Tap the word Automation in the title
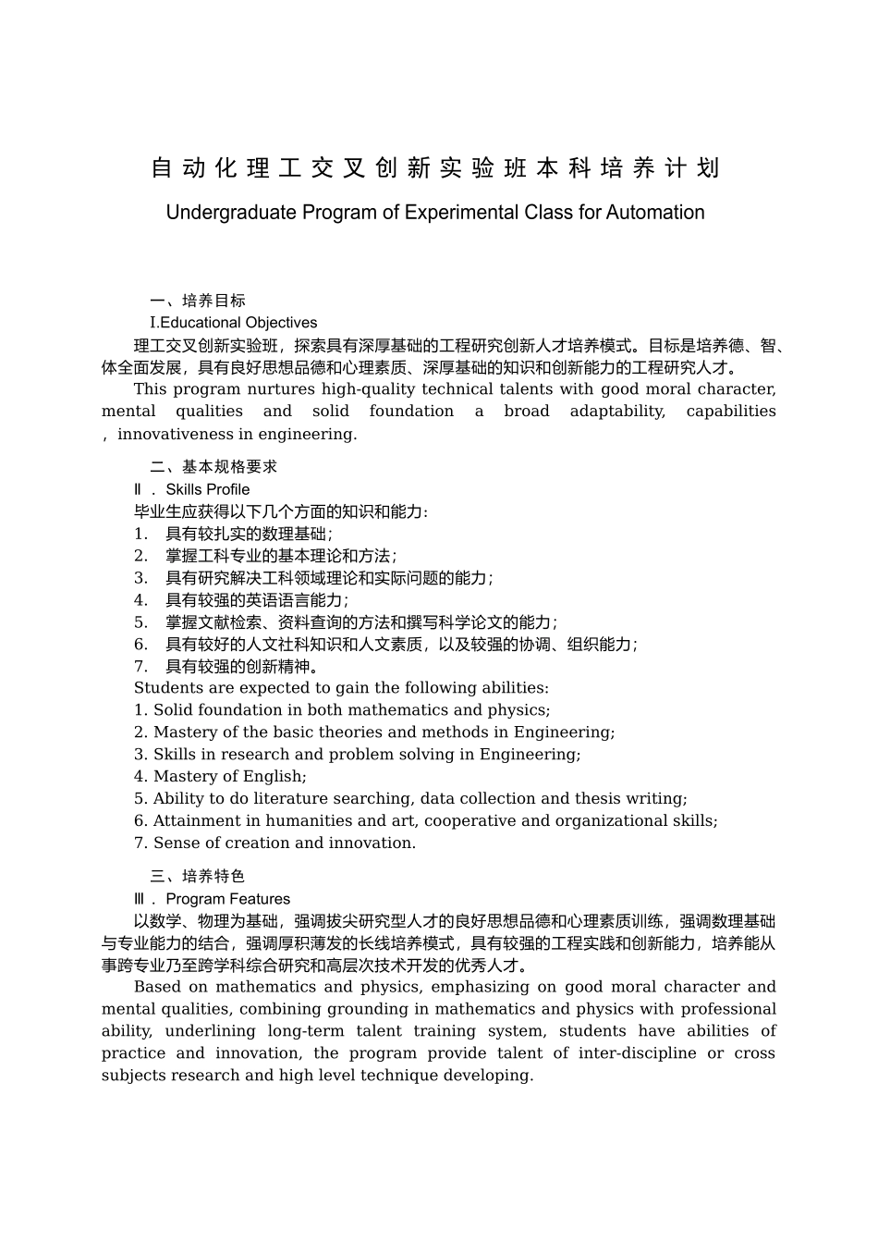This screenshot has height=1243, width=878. tap(655, 213)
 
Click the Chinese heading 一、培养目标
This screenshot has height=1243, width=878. tap(198, 301)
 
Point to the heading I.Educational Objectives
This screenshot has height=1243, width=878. tap(233, 323)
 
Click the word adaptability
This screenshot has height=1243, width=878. tap(616, 412)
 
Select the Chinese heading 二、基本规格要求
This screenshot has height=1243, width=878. tap(213, 467)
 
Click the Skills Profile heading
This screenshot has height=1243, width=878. tap(207, 489)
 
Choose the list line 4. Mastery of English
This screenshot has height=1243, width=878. tap(220, 777)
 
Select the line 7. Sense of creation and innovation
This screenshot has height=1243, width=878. tap(274, 843)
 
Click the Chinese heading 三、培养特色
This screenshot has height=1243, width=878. tap(198, 877)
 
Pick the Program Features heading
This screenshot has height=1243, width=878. tap(227, 899)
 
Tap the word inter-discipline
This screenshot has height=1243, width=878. tap(637, 1053)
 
